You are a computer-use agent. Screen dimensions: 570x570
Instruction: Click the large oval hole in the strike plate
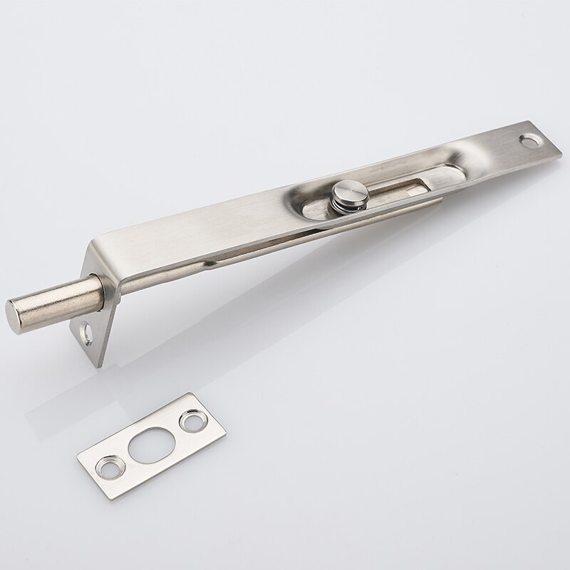152,441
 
